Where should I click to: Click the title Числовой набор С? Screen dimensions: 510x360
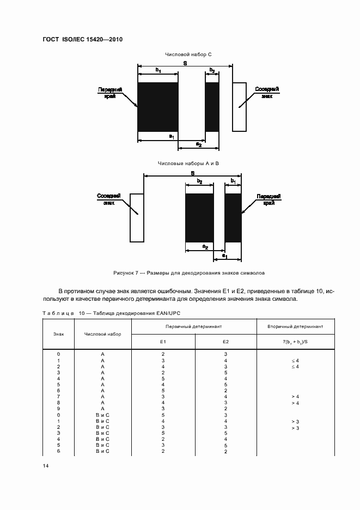pos(185,55)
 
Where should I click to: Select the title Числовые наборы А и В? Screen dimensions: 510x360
pos(188,163)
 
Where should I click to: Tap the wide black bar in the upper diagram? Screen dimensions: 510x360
pos(158,107)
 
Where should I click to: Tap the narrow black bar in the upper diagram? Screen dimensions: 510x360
pos(212,107)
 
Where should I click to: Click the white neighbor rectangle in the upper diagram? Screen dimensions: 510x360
pos(239,107)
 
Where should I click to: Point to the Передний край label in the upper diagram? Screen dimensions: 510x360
pos(109,92)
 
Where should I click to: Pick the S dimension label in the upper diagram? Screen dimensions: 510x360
pos(185,64)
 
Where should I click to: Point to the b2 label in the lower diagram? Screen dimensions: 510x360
pos(200,181)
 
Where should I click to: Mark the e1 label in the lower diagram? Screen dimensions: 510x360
pos(224,256)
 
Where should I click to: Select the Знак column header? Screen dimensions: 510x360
pos(58,334)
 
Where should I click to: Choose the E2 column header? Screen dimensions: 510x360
pos(225,342)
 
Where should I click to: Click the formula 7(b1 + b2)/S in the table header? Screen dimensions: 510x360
pos(295,342)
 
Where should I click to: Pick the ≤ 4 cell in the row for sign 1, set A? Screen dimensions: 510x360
pos(295,361)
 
